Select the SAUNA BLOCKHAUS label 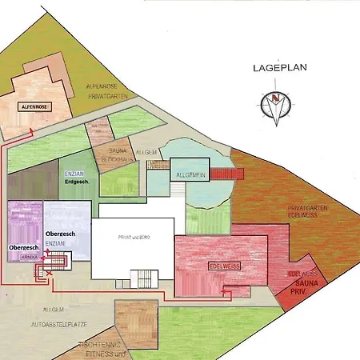point(117,156)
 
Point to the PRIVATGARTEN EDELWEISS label point(302,212)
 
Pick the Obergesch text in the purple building point(23,249)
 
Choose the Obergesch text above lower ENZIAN point(62,232)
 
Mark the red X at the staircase point(50,274)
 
